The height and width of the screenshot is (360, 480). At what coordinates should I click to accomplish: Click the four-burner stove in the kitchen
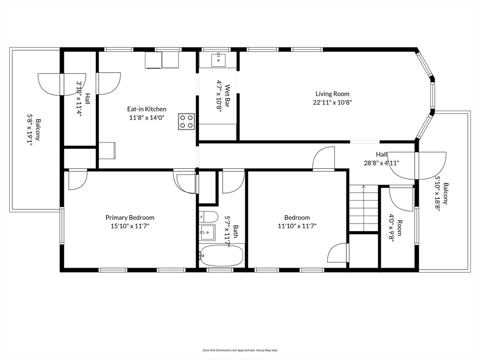pyautogui.click(x=187, y=121)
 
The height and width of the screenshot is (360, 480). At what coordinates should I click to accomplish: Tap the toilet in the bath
pyautogui.click(x=209, y=217)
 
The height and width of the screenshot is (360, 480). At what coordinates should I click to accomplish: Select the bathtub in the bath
pyautogui.click(x=221, y=255)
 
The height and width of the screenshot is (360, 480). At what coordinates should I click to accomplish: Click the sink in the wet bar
pyautogui.click(x=218, y=60)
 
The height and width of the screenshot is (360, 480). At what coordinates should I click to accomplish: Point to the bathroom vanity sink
pyautogui.click(x=207, y=232)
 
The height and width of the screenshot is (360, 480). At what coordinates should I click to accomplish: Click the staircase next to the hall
pyautogui.click(x=364, y=208)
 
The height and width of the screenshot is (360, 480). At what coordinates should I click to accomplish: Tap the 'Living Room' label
pyautogui.click(x=332, y=94)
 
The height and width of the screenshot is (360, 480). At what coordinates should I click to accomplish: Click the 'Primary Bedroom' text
pyautogui.click(x=130, y=217)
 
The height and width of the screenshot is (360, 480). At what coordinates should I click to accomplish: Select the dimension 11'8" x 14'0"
pyautogui.click(x=147, y=118)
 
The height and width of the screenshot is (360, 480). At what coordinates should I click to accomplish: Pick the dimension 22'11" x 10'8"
pyautogui.click(x=332, y=103)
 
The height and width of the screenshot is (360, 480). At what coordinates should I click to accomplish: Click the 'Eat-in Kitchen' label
pyautogui.click(x=147, y=109)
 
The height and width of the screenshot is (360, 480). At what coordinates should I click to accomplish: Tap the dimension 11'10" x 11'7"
pyautogui.click(x=297, y=226)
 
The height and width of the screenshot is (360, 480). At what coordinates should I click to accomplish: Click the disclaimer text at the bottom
pyautogui.click(x=240, y=350)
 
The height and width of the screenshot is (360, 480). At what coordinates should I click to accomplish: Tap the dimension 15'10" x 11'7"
pyautogui.click(x=130, y=226)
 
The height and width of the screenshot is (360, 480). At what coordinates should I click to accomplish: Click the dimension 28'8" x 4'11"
pyautogui.click(x=382, y=163)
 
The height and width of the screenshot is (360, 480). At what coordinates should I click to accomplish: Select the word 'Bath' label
pyautogui.click(x=236, y=232)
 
